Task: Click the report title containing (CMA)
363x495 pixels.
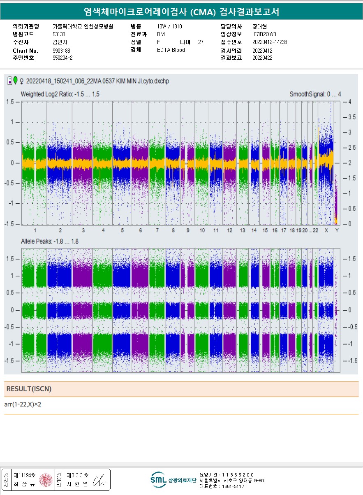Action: coord(181,12)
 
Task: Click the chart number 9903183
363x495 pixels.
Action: coord(62,51)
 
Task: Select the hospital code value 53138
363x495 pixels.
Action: coord(59,34)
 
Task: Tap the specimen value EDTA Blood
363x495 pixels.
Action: coord(171,50)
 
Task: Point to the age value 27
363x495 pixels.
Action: coord(201,42)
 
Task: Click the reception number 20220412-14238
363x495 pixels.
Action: coord(270,42)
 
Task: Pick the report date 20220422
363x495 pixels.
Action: coord(262,58)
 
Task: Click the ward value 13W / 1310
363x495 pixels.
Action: coord(169,26)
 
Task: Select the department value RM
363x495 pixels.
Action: coord(161,34)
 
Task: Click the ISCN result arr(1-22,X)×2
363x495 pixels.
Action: coord(23,404)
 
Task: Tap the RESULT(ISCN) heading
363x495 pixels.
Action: coord(29,389)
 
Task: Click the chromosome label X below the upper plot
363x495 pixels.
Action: coord(326,230)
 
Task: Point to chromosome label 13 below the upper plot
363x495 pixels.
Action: coord(243,230)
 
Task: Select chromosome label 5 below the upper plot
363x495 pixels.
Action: coord(122,230)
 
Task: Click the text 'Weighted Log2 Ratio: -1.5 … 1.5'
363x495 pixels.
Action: coord(60,94)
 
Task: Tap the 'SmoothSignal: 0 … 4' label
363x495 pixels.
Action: coord(315,94)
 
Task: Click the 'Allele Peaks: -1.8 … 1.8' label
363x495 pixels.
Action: coord(50,241)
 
